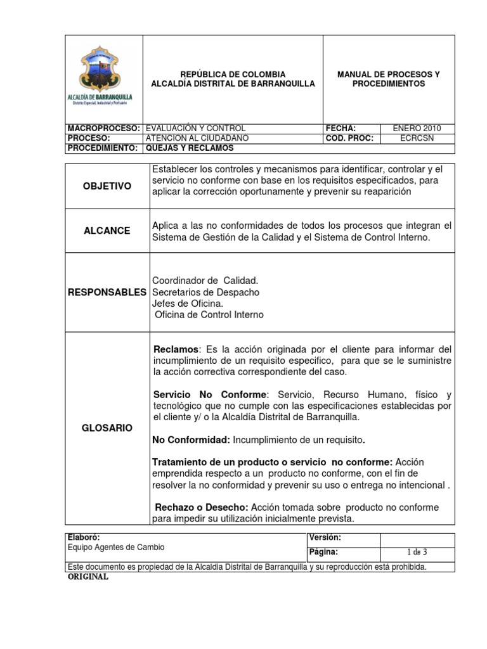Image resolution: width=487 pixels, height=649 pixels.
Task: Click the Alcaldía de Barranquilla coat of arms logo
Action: coord(105,77)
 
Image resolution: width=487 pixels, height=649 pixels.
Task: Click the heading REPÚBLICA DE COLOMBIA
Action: coord(233,74)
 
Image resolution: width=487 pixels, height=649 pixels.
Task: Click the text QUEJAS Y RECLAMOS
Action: coord(189,148)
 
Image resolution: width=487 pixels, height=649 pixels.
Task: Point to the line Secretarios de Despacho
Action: coord(205,292)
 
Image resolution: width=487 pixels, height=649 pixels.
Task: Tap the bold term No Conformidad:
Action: coord(192,440)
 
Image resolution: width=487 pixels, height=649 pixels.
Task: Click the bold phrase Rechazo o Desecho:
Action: coord(202,508)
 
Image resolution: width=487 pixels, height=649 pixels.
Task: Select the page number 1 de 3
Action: coord(416,553)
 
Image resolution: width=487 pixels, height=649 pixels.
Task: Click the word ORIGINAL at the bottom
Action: coord(88,577)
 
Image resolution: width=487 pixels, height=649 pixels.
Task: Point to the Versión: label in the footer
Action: coord(325,537)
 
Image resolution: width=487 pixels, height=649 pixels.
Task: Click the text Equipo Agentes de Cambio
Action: coord(115,547)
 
